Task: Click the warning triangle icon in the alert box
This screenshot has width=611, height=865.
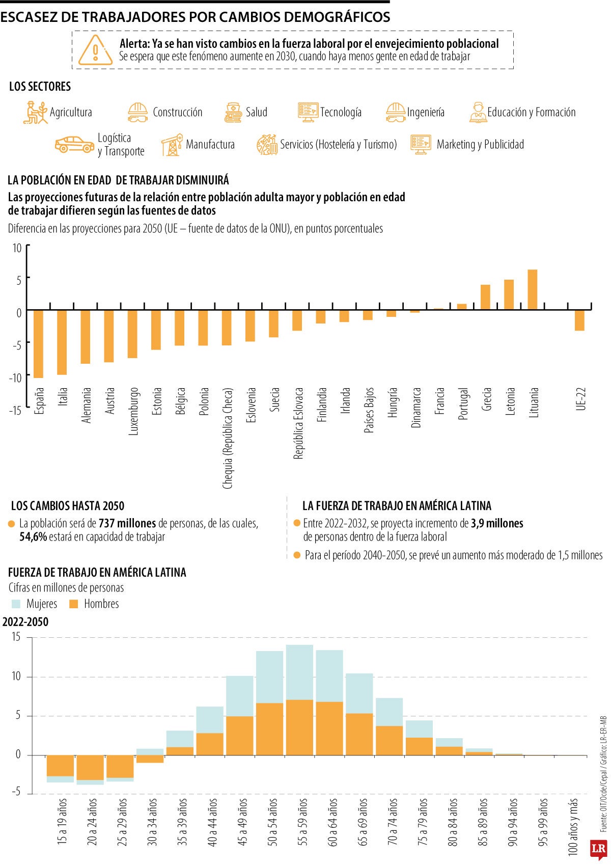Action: tap(96, 50)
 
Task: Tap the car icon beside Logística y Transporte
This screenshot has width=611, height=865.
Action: tap(74, 144)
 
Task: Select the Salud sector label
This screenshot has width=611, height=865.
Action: tap(256, 112)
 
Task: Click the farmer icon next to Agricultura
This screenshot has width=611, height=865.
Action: tap(35, 112)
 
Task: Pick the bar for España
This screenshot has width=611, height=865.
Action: tap(39, 344)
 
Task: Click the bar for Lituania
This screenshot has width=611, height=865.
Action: tap(533, 289)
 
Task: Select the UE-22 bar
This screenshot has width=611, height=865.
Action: tap(579, 320)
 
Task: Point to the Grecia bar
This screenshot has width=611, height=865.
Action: tap(486, 297)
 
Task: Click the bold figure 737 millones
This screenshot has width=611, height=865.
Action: tap(127, 523)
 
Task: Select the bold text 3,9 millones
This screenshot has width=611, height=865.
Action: tap(497, 523)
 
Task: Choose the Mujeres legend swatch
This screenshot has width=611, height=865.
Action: tap(16, 604)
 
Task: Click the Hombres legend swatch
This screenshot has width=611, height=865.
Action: tap(74, 604)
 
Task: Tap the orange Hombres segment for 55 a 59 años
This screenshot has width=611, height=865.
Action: tap(299, 727)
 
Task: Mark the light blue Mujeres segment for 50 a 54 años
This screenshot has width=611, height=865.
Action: tap(269, 677)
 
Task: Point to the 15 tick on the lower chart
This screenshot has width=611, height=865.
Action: tap(16, 637)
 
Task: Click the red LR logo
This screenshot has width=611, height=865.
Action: tap(598, 849)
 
